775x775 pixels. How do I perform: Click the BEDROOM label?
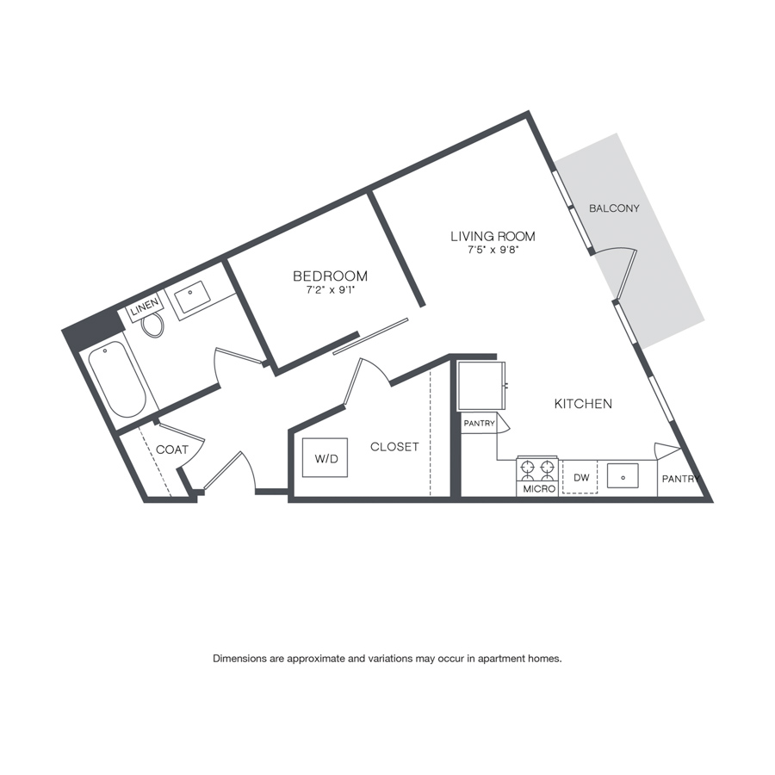tap(330, 276)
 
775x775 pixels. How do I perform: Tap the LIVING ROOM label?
tap(493, 236)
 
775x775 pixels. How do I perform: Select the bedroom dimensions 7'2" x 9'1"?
tap(331, 290)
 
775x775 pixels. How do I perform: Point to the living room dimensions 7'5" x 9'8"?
tap(493, 250)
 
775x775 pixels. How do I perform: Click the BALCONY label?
tap(614, 208)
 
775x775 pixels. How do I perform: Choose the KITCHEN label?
tap(583, 404)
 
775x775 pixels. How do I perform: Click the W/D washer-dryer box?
tap(325, 458)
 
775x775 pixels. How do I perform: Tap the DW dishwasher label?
tap(582, 477)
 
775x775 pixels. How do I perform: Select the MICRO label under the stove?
tap(539, 489)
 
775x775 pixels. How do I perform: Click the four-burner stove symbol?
tap(537, 469)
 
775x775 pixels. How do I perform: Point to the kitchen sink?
tap(623, 476)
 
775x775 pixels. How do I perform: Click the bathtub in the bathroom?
tap(118, 380)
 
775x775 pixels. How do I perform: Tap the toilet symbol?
tap(152, 325)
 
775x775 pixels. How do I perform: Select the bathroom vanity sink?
tap(192, 297)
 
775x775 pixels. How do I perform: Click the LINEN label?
tap(145, 307)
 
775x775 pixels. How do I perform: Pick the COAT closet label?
tap(172, 449)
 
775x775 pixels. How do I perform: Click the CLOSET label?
tap(394, 447)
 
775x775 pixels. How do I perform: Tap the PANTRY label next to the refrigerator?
tap(479, 424)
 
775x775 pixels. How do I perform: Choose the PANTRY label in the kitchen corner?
tap(680, 479)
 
